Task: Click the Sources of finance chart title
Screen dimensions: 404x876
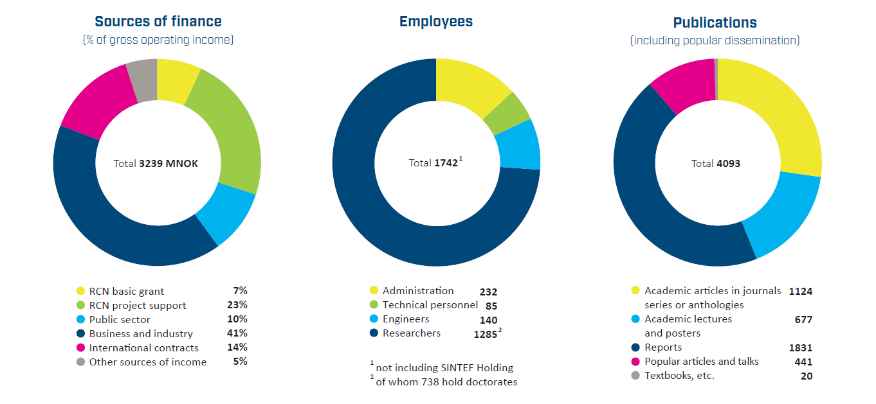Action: [x=158, y=21]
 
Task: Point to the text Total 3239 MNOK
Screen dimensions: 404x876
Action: [x=156, y=164]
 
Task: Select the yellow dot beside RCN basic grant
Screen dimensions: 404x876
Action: [x=80, y=291]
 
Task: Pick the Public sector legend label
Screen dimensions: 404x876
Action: [x=120, y=319]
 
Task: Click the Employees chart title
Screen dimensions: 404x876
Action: [x=436, y=22]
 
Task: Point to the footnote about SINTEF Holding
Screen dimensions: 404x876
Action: [x=444, y=367]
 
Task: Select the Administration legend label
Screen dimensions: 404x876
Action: [x=417, y=291]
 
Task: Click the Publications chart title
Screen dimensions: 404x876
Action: [x=715, y=22]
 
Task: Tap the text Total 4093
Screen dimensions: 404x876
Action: [x=715, y=164]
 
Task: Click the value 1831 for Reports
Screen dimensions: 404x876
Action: [x=800, y=347]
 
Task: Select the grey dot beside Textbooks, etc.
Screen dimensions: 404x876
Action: [x=635, y=376]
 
